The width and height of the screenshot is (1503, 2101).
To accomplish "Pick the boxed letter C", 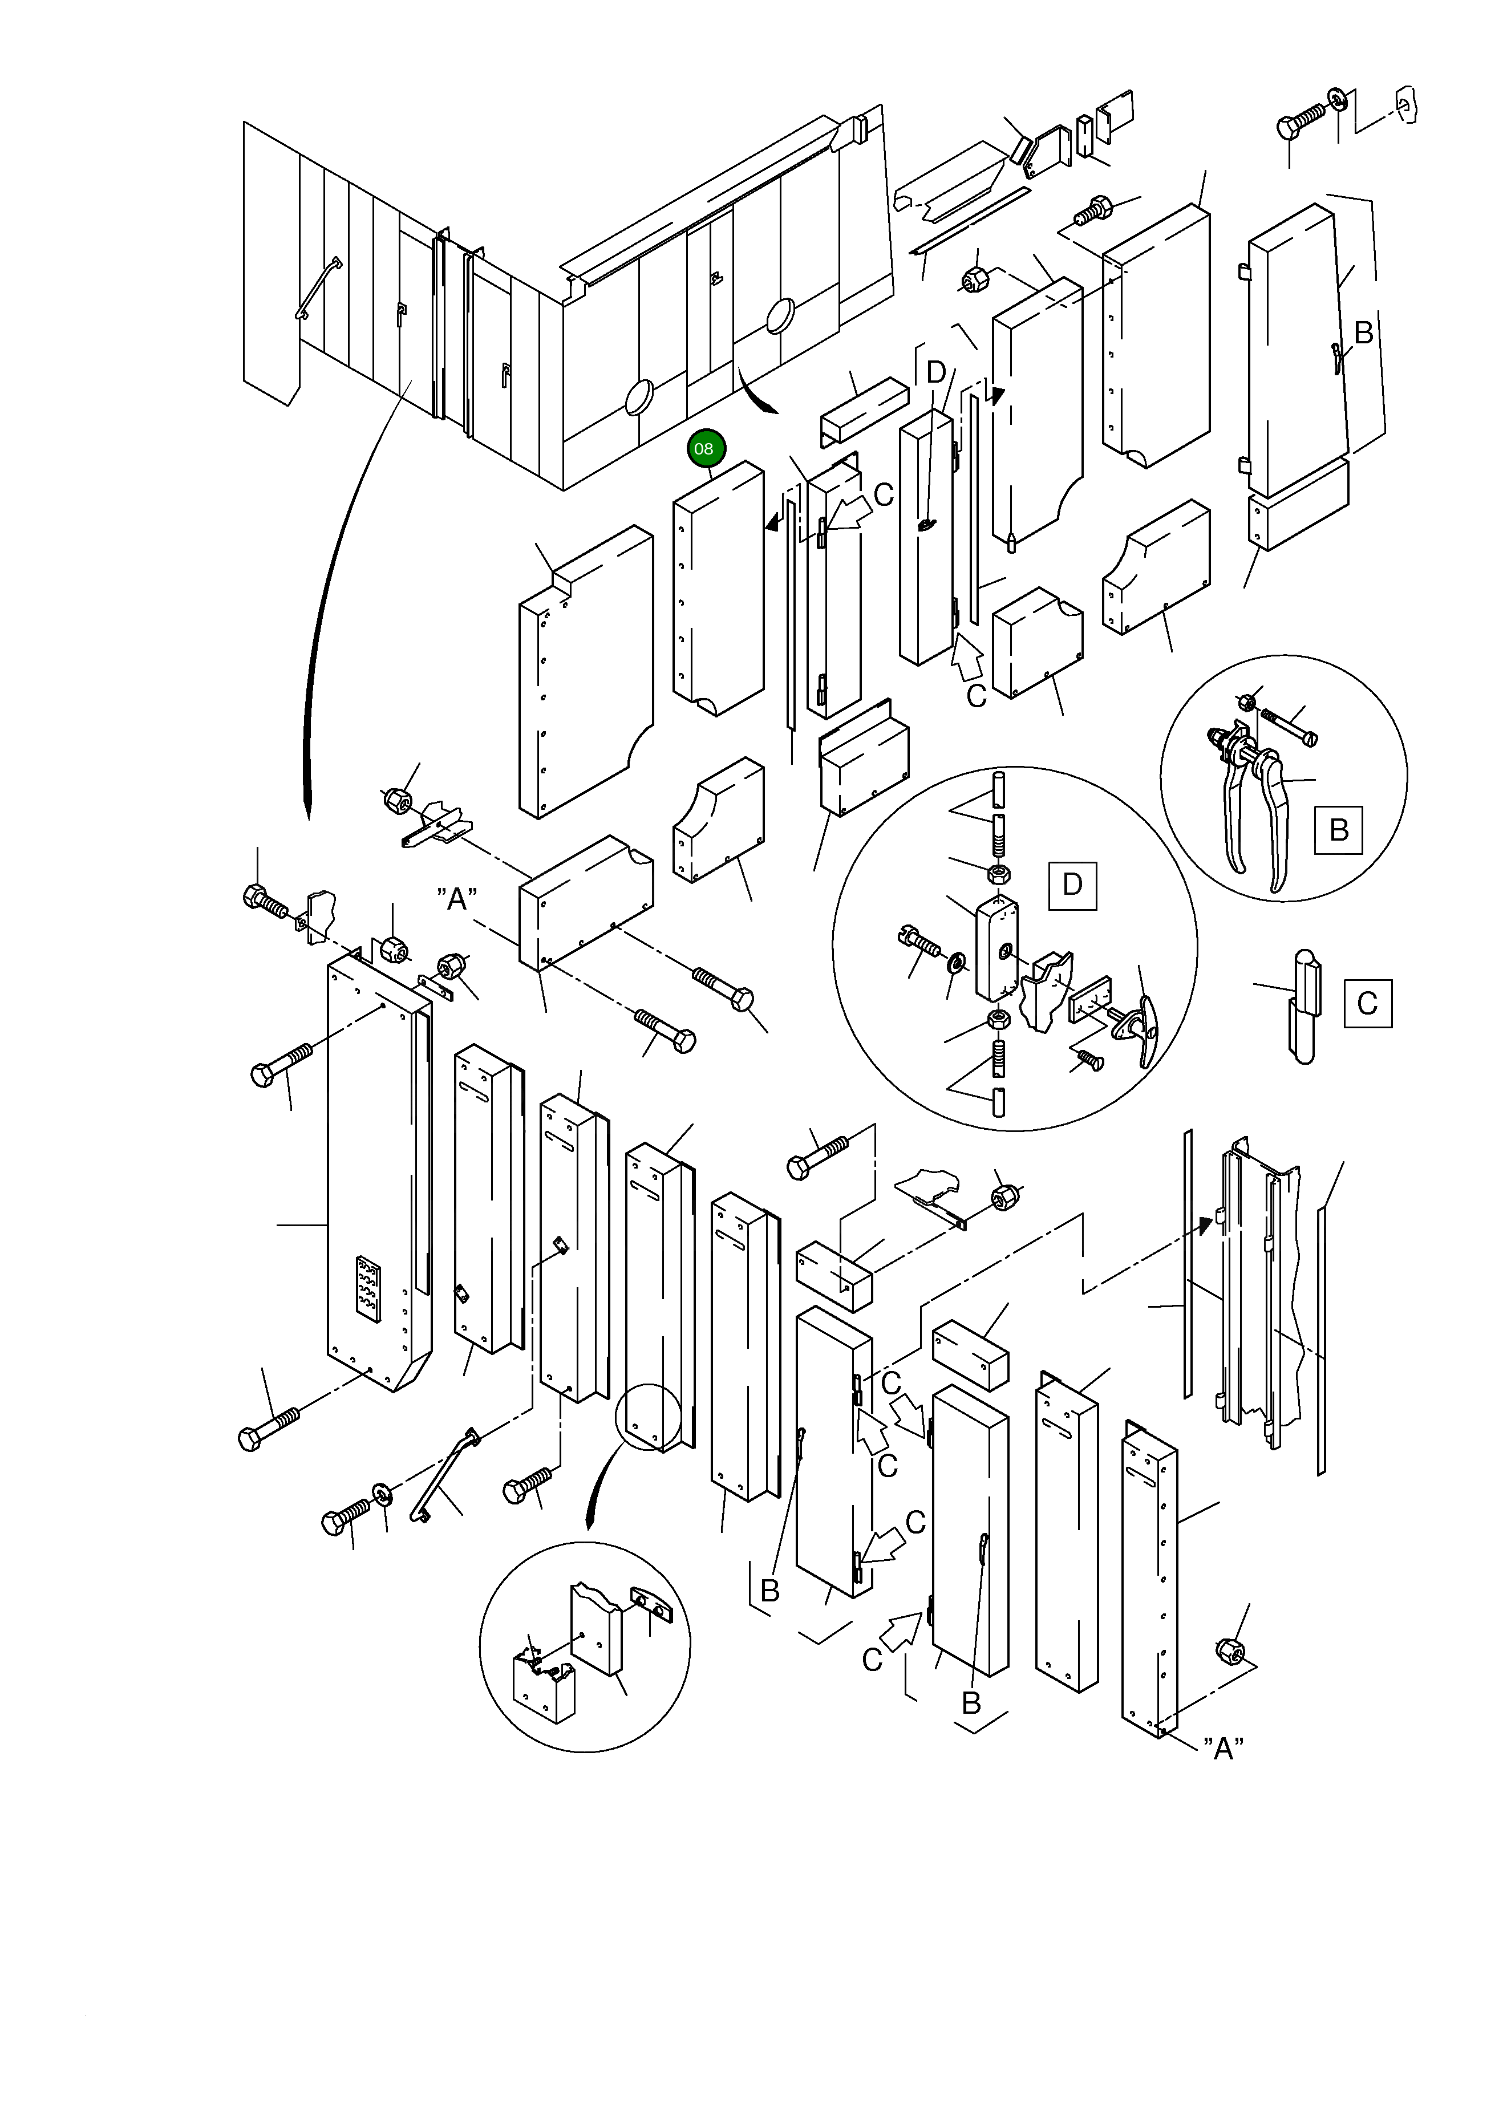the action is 1368,1004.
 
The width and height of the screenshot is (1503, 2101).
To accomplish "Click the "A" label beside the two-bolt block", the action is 457,898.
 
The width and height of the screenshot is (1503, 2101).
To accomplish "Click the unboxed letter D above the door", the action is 937,373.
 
